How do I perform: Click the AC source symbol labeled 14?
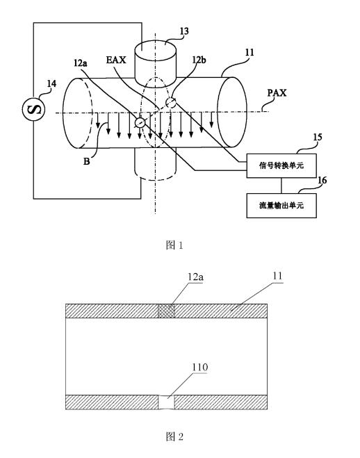pos(34,108)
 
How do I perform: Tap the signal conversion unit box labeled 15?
pos(281,165)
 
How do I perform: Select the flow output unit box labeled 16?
pos(281,205)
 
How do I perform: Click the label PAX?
pos(277,93)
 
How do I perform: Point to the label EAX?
pos(116,60)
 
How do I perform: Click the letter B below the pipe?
pos(87,161)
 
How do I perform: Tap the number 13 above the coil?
pos(184,31)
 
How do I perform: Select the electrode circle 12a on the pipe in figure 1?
pos(140,122)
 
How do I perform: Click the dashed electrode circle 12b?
pos(171,103)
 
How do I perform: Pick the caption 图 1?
pos(174,245)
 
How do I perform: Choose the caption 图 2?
pos(174,436)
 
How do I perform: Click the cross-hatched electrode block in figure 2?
pos(166,311)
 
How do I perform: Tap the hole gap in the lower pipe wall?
pos(166,402)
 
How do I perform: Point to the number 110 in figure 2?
pos(199,367)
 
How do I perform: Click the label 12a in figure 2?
pos(195,277)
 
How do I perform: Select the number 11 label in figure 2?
pos(278,275)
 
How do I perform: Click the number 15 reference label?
pos(318,138)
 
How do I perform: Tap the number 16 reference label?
pos(322,180)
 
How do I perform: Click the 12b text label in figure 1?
pos(199,60)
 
